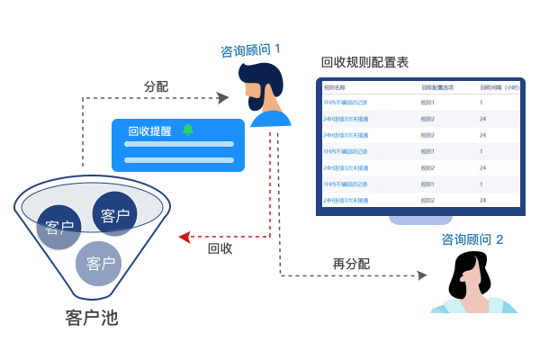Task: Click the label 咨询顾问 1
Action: tap(256, 50)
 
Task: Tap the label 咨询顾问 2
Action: tap(472, 239)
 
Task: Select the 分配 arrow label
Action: tap(156, 86)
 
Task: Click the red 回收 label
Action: tap(220, 248)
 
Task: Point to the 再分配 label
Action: tap(351, 264)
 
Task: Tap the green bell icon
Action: tap(188, 130)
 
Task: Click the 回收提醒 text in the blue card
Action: tap(149, 130)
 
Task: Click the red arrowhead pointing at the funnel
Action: tap(184, 237)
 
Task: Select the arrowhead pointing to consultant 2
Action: tap(420, 275)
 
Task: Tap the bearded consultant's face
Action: tap(262, 86)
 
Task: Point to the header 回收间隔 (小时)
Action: tap(499, 87)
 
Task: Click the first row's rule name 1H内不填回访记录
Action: tap(346, 103)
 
